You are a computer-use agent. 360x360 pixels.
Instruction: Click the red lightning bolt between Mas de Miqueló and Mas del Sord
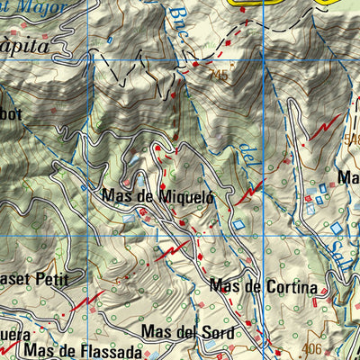point(176,250)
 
